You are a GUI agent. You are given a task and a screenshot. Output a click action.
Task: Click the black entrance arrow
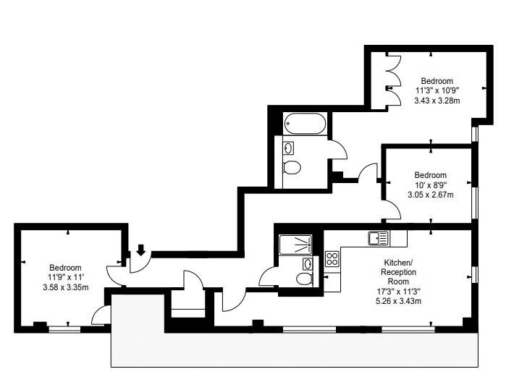coord(141,250)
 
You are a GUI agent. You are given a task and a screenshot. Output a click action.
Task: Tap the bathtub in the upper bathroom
coord(305,124)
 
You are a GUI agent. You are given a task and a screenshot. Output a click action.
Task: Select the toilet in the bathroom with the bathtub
coord(292,167)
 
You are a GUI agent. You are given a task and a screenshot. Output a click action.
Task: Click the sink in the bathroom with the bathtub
coord(288,148)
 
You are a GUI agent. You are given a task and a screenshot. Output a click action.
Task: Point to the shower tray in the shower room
coord(295,245)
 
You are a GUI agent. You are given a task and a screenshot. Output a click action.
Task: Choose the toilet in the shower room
coord(305,279)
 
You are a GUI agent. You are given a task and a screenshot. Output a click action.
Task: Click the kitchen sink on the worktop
coord(379,238)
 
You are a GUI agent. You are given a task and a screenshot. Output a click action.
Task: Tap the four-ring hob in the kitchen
coord(332,258)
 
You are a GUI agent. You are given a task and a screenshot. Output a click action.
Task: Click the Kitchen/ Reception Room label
coord(398,271)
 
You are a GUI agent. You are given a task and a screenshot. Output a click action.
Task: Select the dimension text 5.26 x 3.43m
coord(398,300)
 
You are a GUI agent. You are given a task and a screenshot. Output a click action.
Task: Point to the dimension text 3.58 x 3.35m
coord(66,287)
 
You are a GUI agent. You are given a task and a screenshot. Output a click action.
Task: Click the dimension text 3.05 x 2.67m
coord(431,195)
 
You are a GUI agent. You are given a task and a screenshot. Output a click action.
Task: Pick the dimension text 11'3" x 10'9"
coord(437,90)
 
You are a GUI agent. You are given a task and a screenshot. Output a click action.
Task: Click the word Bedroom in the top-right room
coord(437,81)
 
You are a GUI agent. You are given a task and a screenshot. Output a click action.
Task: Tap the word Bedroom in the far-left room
coord(66,268)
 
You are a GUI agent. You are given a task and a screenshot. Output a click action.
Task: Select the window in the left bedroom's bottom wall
coord(64,329)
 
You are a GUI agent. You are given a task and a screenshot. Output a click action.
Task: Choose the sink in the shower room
coord(308,263)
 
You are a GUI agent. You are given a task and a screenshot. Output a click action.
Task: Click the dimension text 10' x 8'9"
coord(431,185)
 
